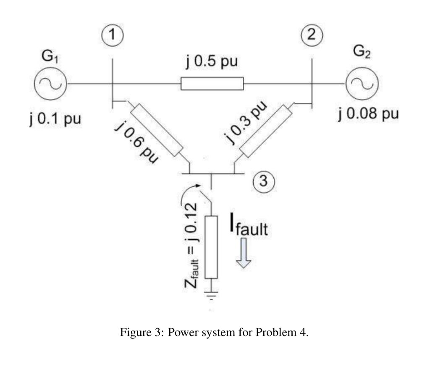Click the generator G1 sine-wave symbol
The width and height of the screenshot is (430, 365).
pyautogui.click(x=51, y=84)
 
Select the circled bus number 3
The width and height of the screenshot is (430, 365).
pyautogui.click(x=264, y=181)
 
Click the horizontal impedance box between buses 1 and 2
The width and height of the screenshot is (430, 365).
pyautogui.click(x=212, y=84)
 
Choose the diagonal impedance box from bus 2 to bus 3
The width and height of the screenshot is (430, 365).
pyautogui.click(x=265, y=131)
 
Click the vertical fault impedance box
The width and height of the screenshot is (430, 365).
pyautogui.click(x=211, y=247)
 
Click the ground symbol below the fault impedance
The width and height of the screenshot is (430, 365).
pyautogui.click(x=211, y=294)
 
